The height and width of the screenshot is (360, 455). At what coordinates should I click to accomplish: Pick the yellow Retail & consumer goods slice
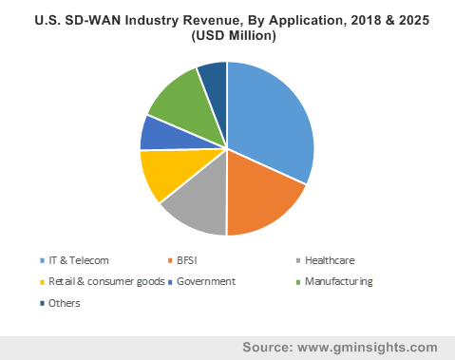[x=160, y=175]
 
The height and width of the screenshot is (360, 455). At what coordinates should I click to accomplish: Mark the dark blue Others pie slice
[x=213, y=77]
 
